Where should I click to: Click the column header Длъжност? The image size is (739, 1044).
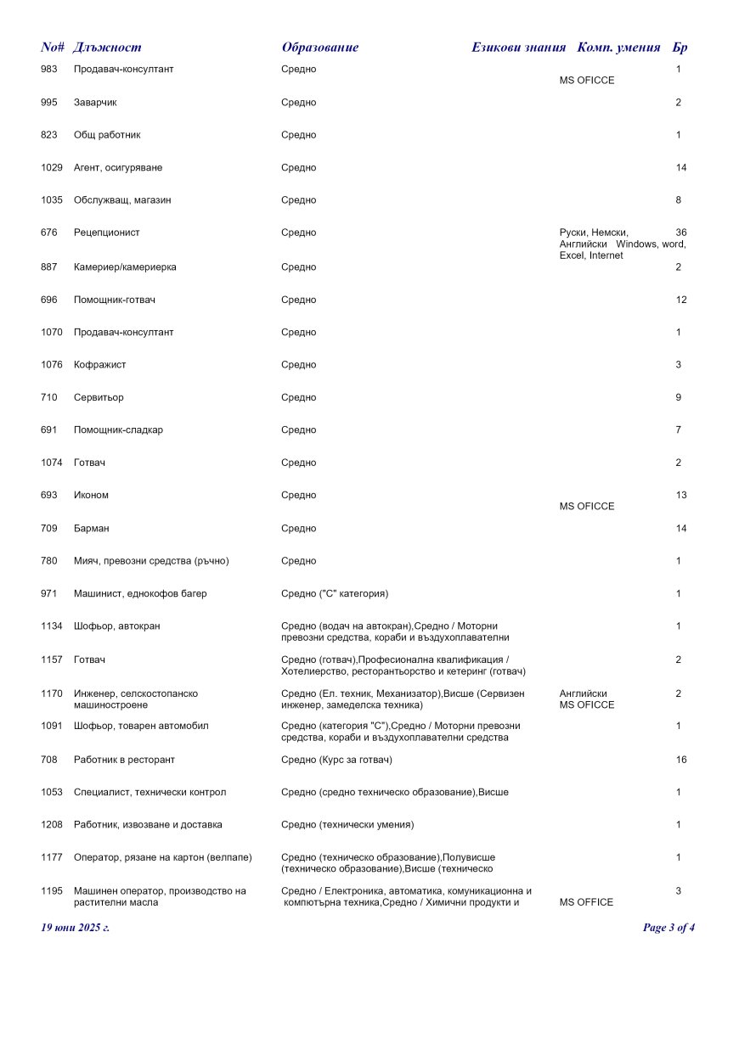(x=107, y=48)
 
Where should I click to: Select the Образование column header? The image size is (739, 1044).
(x=319, y=48)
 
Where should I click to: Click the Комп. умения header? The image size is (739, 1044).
(x=618, y=48)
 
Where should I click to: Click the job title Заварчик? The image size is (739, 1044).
(x=95, y=103)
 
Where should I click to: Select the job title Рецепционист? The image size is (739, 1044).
(x=107, y=233)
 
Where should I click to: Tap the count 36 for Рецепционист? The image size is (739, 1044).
(x=680, y=233)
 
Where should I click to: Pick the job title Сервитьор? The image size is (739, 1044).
(x=99, y=397)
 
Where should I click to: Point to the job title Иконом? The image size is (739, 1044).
(x=91, y=496)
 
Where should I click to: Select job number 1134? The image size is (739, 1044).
(x=52, y=626)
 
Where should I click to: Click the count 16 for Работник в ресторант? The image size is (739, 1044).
(x=680, y=760)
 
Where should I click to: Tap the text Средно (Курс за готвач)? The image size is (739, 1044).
(x=336, y=760)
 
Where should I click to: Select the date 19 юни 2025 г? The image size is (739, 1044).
(x=76, y=928)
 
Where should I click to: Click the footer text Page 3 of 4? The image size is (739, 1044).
(x=668, y=928)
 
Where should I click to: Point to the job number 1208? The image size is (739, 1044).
(x=52, y=825)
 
